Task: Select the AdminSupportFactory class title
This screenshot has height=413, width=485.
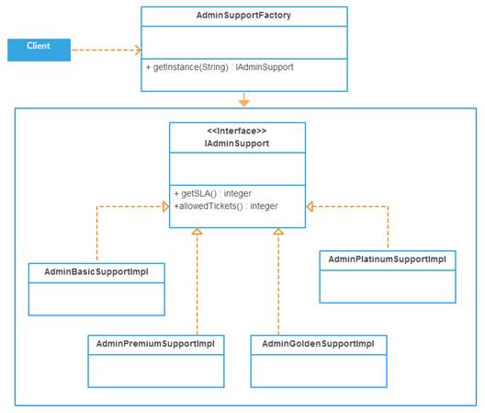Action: pyautogui.click(x=243, y=17)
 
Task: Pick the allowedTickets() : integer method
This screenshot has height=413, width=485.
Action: pyautogui.click(x=225, y=206)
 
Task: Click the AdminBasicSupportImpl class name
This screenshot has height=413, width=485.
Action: pyautogui.click(x=96, y=272)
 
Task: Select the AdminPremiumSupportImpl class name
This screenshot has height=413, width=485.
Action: pyautogui.click(x=155, y=343)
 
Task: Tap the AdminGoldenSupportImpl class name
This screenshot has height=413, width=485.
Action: pyautogui.click(x=318, y=343)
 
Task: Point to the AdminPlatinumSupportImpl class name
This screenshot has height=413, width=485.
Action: pyautogui.click(x=387, y=259)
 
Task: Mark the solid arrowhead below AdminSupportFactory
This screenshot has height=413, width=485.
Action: pyautogui.click(x=243, y=100)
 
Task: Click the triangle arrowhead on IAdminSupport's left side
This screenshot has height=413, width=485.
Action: pyautogui.click(x=164, y=207)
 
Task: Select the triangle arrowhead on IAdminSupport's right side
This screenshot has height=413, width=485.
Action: pyautogui.click(x=311, y=207)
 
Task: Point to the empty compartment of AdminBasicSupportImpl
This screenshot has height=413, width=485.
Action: pyautogui.click(x=96, y=298)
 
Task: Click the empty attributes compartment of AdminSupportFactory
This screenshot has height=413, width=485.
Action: pyautogui.click(x=243, y=42)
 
